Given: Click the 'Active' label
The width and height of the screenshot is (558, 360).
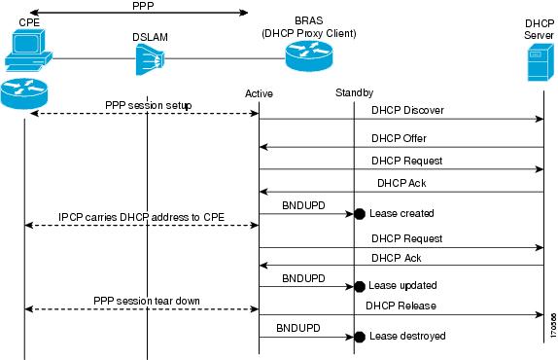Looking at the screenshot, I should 260,92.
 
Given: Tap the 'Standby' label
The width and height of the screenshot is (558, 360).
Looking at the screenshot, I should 354,92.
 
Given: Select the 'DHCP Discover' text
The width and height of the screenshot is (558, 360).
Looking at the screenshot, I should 407,110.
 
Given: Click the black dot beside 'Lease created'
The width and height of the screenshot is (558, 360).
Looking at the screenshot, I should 359,212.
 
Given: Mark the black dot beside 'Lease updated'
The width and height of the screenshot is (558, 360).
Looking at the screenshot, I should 359,286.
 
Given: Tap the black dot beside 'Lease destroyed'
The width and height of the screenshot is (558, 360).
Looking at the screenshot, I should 359,337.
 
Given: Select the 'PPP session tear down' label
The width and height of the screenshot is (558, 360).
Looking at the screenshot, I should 147,300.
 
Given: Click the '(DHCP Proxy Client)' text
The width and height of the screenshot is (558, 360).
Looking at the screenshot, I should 308,32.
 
